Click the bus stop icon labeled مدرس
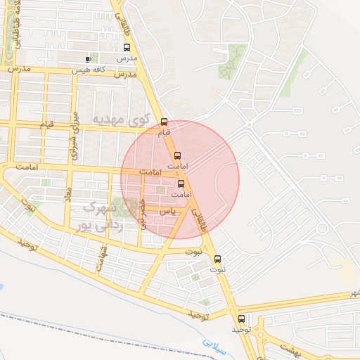[127, 49]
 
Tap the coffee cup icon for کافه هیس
[88, 59]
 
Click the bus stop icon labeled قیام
[165, 121]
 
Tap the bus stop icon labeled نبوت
[217, 259]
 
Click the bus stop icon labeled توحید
[242, 319]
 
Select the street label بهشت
[288, 349]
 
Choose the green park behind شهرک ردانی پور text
[129, 209]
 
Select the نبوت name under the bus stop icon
[219, 270]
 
